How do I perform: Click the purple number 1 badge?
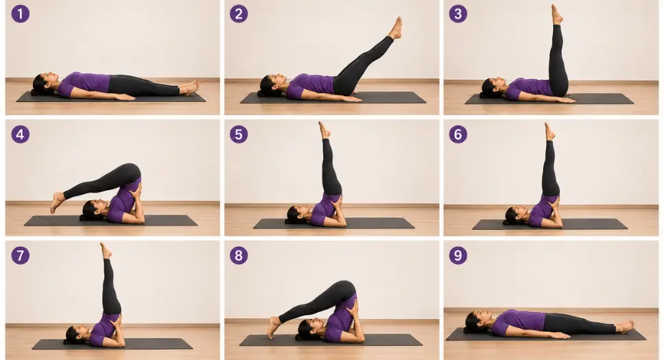[x=21, y=14]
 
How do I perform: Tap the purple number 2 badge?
[x=239, y=14]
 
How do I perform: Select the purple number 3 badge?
[x=458, y=14]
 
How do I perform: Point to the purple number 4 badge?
[x=21, y=134]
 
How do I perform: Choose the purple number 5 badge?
[x=239, y=134]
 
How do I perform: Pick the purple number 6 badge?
[x=458, y=134]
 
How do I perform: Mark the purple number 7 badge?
[x=21, y=256]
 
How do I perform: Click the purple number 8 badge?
[x=239, y=256]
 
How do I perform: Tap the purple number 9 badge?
[x=458, y=256]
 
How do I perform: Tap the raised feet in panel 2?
[x=396, y=28]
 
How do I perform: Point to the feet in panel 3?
[x=556, y=14]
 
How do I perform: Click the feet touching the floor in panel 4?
[x=57, y=202]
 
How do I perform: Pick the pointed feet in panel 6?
[x=549, y=132]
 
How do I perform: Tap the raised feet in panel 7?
[x=106, y=251]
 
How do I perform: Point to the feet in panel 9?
[x=626, y=326]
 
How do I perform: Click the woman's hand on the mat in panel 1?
[x=125, y=97]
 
